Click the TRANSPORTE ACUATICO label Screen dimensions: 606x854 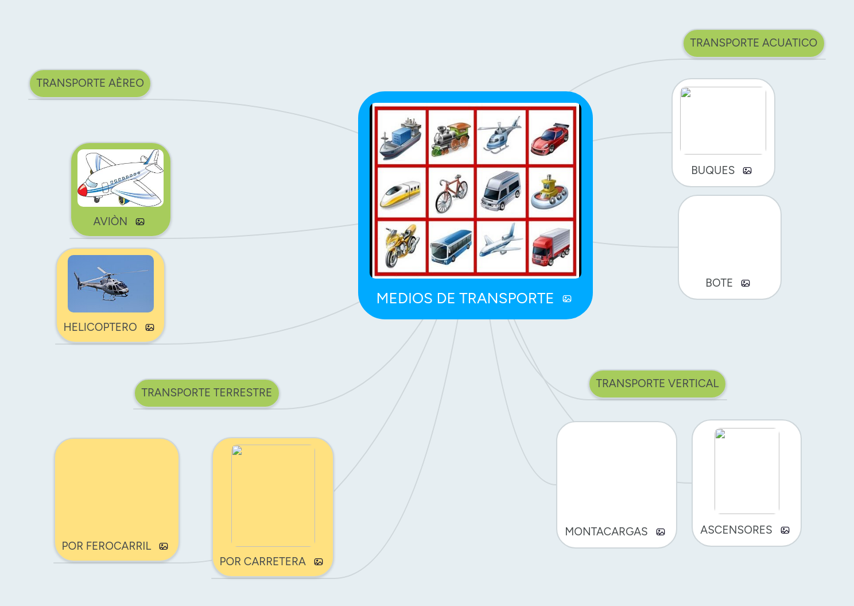coord(753,43)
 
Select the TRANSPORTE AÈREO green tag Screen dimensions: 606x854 coord(90,83)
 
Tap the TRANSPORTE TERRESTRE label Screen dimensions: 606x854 coord(207,393)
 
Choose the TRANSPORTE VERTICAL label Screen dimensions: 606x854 coord(657,384)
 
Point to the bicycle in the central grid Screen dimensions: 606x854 coord(451,193)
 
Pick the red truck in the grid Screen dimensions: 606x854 coord(550,248)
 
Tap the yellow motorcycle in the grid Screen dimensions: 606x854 coord(401,246)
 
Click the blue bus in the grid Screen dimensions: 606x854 coord(451,246)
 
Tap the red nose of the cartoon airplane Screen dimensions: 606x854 coord(82,189)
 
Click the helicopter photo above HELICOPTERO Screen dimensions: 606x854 coord(111,284)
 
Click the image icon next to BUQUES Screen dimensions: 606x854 coord(747,171)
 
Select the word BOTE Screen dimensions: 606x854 coord(719,283)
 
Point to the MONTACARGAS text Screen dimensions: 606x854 coord(606,532)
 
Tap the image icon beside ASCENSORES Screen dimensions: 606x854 coord(785,530)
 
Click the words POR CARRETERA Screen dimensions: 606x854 coord(262,562)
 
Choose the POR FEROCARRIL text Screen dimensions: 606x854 coord(106,546)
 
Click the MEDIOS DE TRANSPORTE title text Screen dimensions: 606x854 coord(465,299)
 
